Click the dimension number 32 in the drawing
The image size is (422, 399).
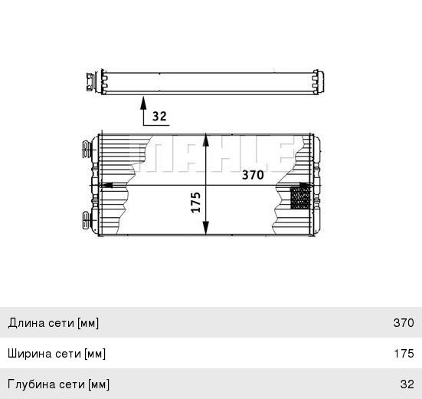click(159, 117)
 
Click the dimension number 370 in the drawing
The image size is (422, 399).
click(253, 175)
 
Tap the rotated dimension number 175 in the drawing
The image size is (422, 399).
click(195, 203)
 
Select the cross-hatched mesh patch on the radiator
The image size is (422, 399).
click(299, 198)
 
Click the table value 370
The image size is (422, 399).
click(403, 323)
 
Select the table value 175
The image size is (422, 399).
click(403, 354)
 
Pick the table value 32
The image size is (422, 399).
click(407, 384)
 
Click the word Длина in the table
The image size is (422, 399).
click(25, 323)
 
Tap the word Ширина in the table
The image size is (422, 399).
click(29, 354)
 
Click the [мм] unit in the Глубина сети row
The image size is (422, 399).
click(98, 384)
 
